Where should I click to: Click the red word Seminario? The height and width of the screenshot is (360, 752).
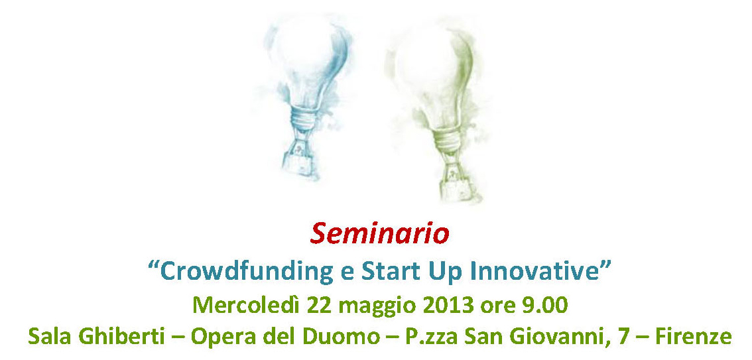[x=379, y=234]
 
